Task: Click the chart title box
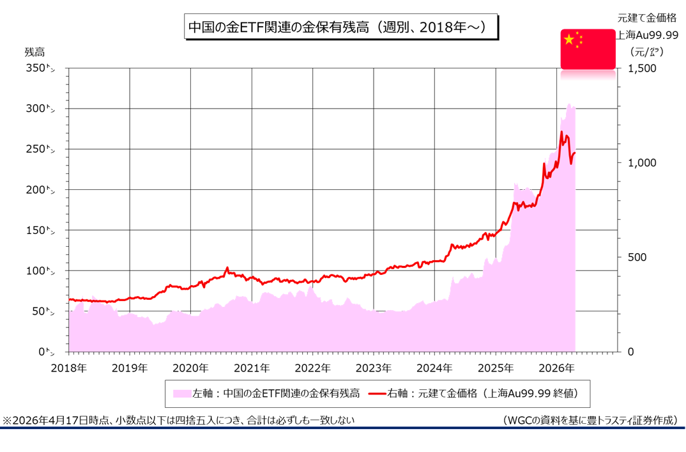pos(341,27)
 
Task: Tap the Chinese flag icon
pos(588,49)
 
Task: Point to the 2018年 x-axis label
pos(69,368)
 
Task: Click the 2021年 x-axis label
pos(252,368)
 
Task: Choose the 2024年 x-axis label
pos(434,368)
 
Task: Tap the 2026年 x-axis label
pos(556,368)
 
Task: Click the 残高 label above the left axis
pos(35,51)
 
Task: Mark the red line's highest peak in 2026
pos(561,132)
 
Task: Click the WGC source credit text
pos(589,420)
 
